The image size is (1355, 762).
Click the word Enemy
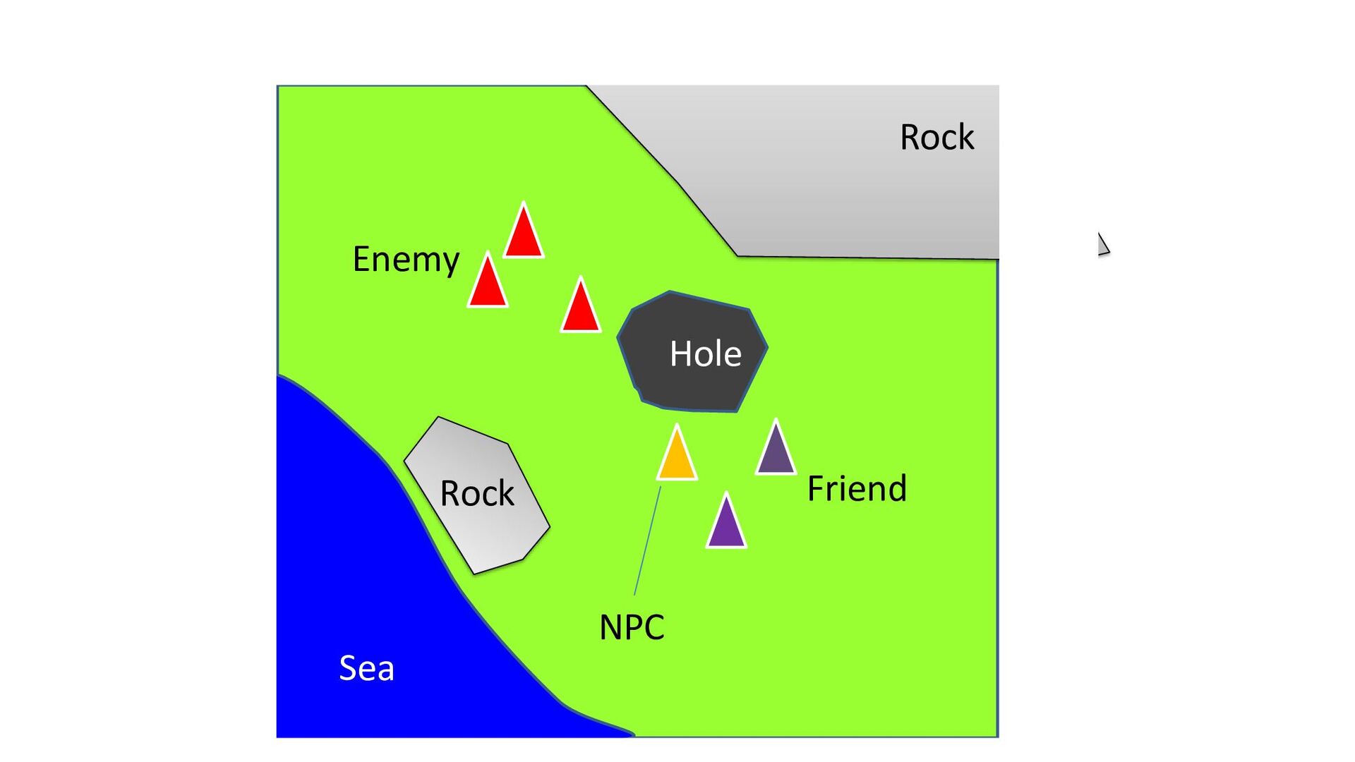(406, 260)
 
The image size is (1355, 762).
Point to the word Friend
(857, 488)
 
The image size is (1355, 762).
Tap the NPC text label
(632, 627)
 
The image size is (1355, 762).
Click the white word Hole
(705, 353)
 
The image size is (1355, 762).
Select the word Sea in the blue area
(366, 668)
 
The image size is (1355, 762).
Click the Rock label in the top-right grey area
(937, 137)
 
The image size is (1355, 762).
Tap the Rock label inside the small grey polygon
(477, 493)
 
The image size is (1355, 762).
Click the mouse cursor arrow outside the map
(1102, 243)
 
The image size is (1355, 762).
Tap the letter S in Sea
(347, 668)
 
